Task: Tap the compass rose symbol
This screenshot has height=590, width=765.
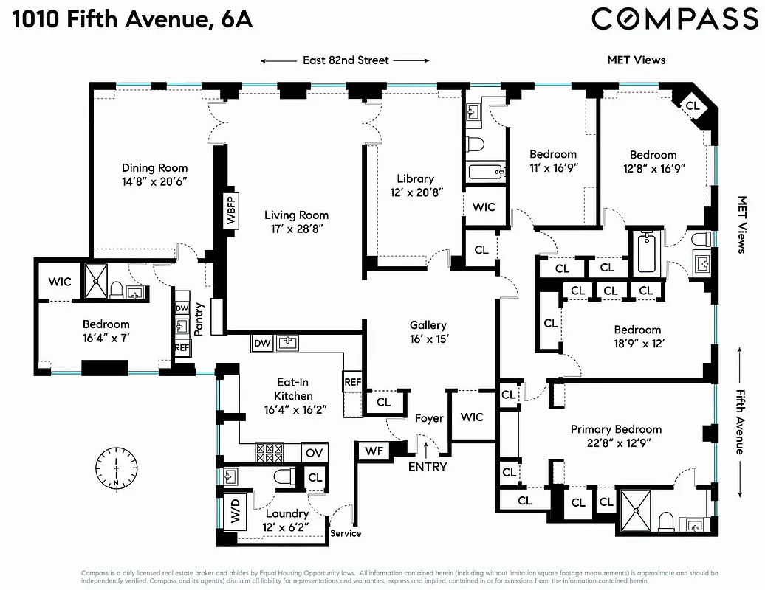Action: pyautogui.click(x=116, y=467)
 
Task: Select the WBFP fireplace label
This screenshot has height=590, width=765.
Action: pyautogui.click(x=231, y=212)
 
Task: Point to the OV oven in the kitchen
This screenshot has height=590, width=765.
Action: pyautogui.click(x=315, y=452)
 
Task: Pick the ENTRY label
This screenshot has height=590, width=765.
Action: pyautogui.click(x=428, y=466)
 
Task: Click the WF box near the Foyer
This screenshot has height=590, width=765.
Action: pyautogui.click(x=373, y=450)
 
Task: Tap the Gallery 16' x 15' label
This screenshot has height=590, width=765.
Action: pyautogui.click(x=428, y=332)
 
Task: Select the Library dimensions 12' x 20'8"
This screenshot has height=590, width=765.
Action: pyautogui.click(x=414, y=192)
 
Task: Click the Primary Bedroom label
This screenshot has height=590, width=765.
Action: pyautogui.click(x=616, y=429)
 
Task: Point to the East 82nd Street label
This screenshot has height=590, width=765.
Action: pyautogui.click(x=345, y=60)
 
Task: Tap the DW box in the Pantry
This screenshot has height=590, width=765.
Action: pyautogui.click(x=182, y=309)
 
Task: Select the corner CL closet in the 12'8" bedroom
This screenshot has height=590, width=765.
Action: pyautogui.click(x=692, y=105)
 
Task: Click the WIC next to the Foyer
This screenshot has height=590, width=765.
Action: pyautogui.click(x=472, y=417)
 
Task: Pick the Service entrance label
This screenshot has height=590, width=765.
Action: pyautogui.click(x=345, y=532)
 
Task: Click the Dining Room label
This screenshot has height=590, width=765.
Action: pyautogui.click(x=154, y=168)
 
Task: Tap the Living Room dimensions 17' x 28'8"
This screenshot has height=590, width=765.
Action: pyautogui.click(x=296, y=229)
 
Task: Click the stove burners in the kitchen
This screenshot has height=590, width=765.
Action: pyautogui.click(x=270, y=452)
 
